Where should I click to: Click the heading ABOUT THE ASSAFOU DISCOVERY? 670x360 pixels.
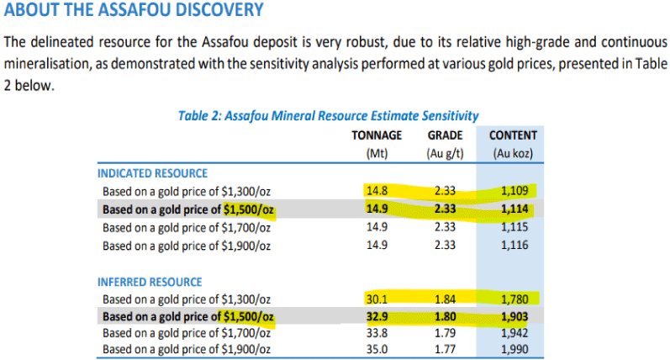point(134,11)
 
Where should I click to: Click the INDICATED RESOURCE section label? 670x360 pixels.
point(153,174)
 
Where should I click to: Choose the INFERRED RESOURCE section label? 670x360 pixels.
point(150,282)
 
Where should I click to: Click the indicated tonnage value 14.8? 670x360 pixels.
point(377,191)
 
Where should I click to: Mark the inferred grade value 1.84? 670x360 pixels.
point(446,299)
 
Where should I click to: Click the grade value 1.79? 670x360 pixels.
point(446,334)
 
